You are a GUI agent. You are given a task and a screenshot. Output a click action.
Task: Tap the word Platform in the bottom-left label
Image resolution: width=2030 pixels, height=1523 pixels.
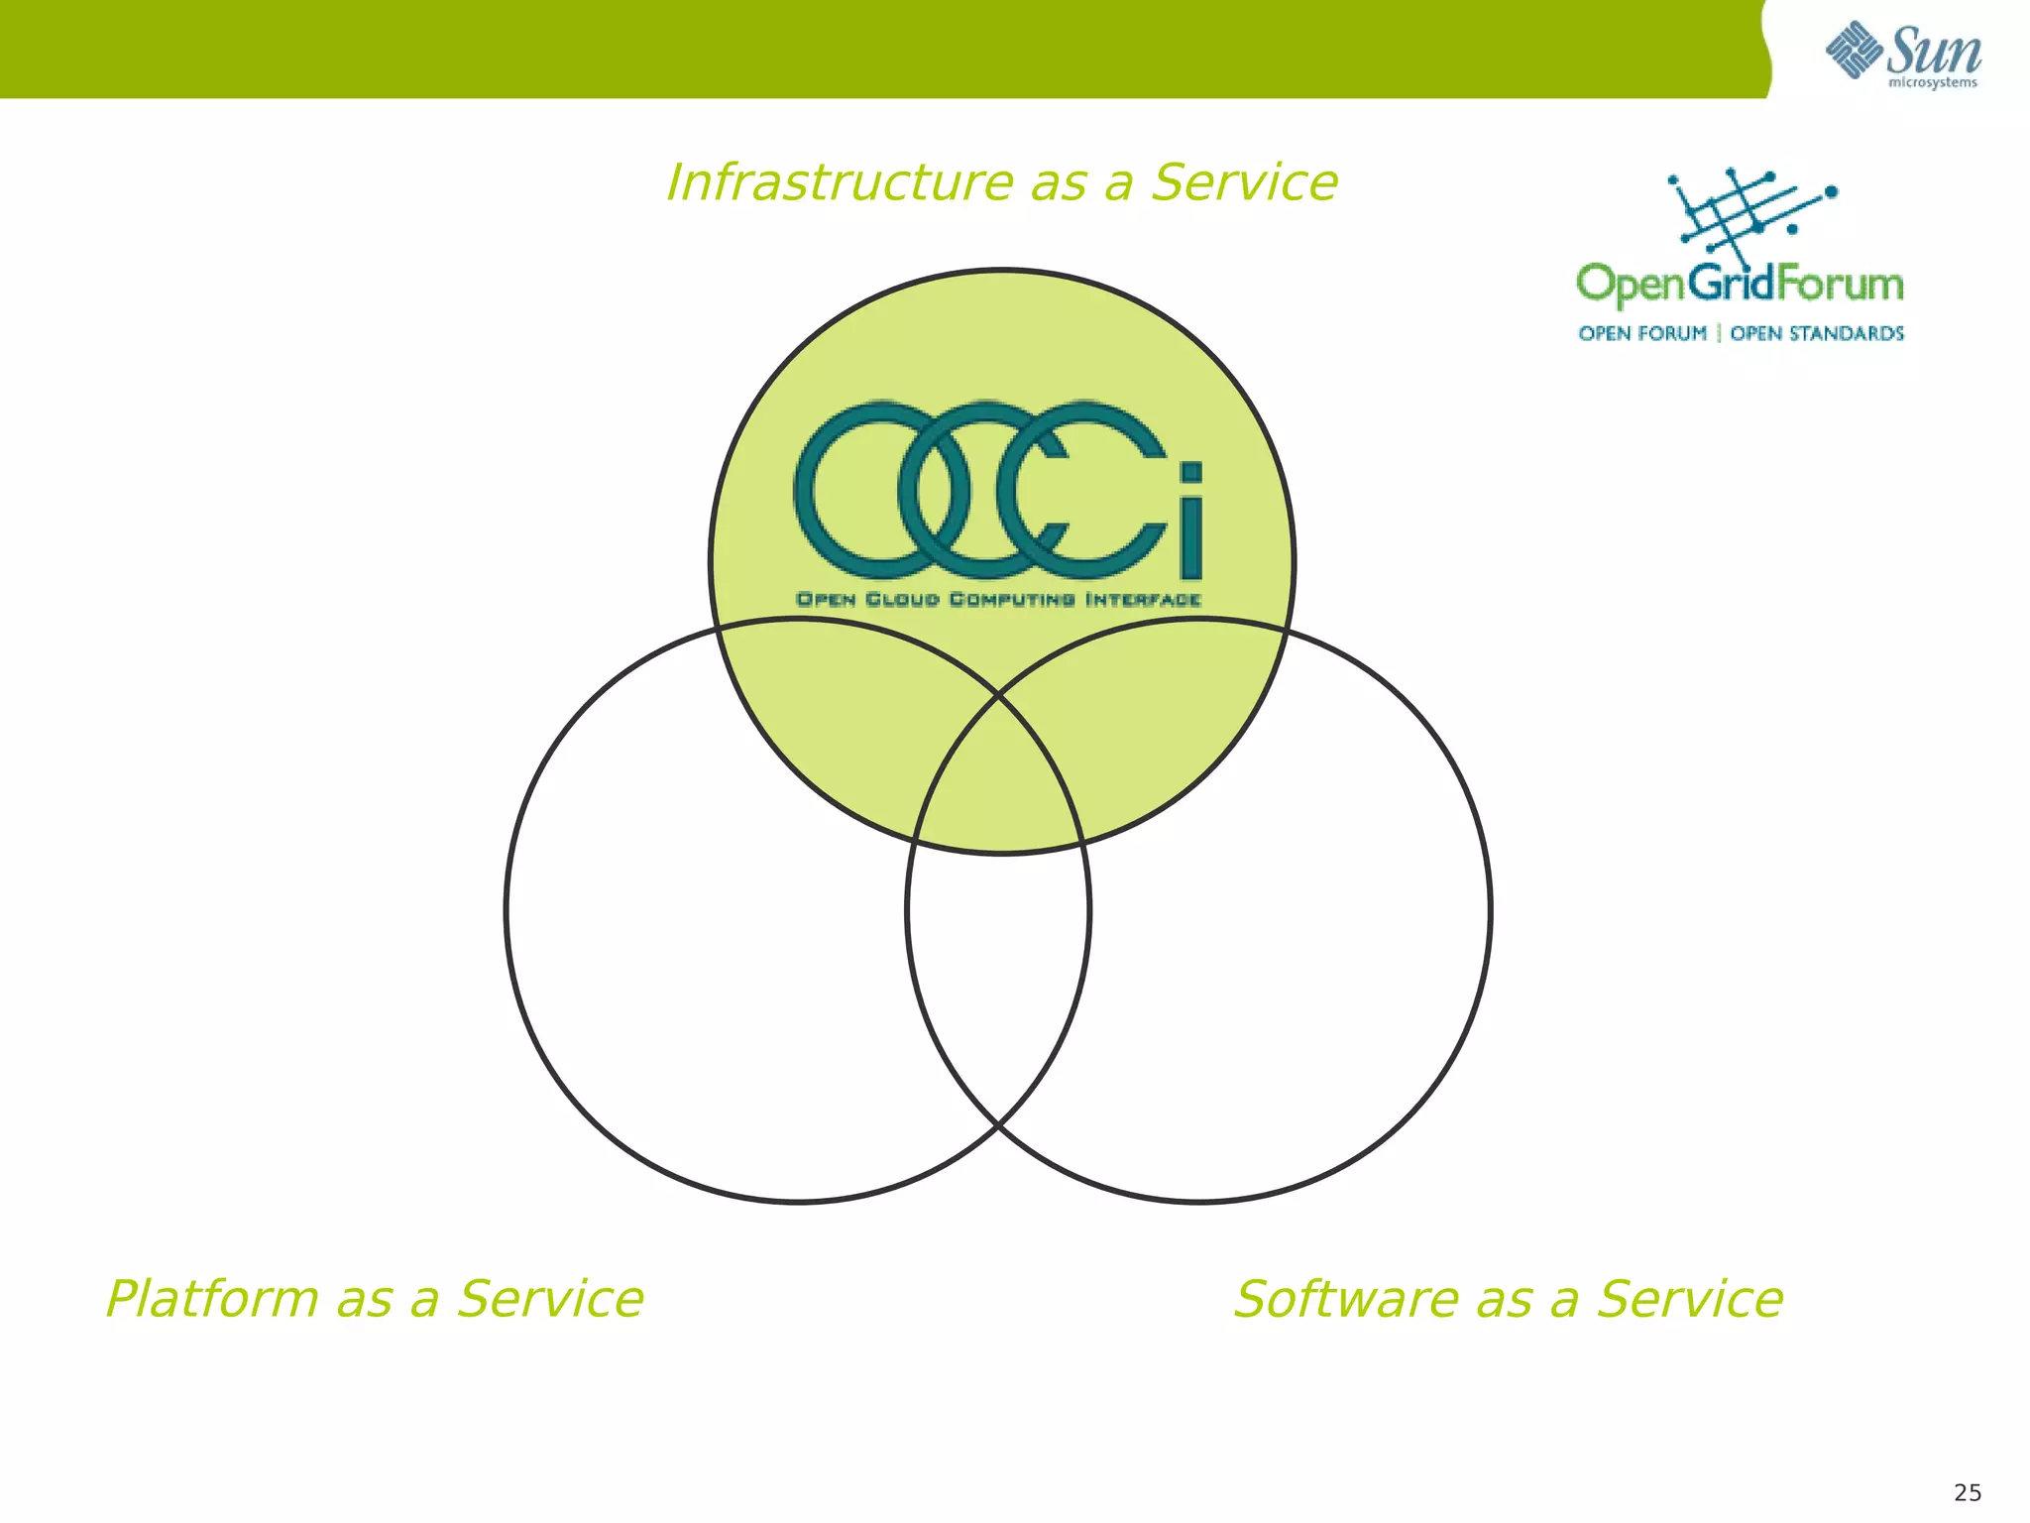click(x=211, y=1300)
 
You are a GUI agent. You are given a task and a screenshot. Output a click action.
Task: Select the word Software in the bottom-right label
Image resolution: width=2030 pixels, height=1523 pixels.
click(x=1344, y=1300)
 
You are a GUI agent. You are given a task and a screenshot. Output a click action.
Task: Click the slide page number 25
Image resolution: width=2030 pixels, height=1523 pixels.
click(x=1967, y=1492)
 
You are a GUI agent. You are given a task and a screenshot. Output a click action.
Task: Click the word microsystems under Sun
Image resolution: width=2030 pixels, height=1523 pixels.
click(x=1932, y=83)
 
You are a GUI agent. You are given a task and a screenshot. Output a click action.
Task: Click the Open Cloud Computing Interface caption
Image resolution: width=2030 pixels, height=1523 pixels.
click(x=998, y=599)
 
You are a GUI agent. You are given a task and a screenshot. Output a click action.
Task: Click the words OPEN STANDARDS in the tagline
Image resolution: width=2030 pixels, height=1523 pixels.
click(x=1816, y=333)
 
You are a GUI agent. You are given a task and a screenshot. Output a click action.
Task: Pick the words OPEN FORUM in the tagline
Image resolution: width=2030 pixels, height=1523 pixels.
click(x=1642, y=333)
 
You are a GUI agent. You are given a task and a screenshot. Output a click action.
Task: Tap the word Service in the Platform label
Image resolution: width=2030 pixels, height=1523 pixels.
click(x=550, y=1300)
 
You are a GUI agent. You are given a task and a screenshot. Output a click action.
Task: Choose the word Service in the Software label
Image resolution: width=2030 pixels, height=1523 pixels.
click(x=1689, y=1300)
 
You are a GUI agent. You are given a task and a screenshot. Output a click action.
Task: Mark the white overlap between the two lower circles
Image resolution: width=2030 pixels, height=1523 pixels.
click(x=998, y=982)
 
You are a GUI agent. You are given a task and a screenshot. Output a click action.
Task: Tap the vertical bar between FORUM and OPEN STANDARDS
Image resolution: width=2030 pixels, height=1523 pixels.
click(x=1719, y=333)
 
